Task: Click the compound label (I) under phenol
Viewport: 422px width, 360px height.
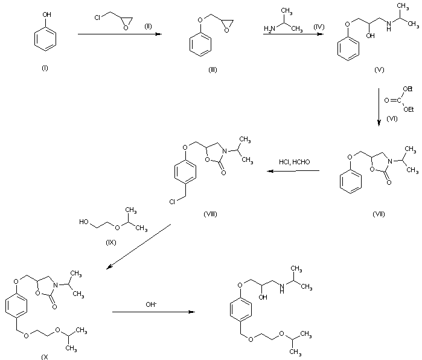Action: point(45,68)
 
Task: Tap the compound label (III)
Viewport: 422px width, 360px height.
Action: point(213,70)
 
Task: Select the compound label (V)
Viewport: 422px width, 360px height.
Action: point(379,70)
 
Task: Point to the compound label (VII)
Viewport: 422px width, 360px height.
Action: point(379,214)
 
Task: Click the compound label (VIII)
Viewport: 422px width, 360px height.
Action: point(210,214)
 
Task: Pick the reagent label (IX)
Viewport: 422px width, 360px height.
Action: point(111,243)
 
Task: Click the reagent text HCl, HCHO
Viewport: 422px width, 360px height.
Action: point(294,162)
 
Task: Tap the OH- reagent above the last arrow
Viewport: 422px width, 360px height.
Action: point(151,304)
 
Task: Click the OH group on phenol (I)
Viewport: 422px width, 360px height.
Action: point(47,14)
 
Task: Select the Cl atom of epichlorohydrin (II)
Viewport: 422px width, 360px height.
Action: point(97,18)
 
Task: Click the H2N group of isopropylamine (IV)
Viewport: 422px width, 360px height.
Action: point(269,28)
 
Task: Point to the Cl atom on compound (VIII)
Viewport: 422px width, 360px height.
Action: point(172,202)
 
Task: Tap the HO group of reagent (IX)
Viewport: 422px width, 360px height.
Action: point(84,222)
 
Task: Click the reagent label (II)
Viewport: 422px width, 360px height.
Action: point(148,27)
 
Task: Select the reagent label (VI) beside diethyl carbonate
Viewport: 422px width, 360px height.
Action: point(392,119)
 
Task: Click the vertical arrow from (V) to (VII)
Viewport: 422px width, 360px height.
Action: point(379,107)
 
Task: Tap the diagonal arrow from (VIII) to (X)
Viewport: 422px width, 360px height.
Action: point(139,246)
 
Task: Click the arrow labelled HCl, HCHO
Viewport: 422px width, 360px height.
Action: point(293,171)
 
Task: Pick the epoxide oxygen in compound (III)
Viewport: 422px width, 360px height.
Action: point(226,30)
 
